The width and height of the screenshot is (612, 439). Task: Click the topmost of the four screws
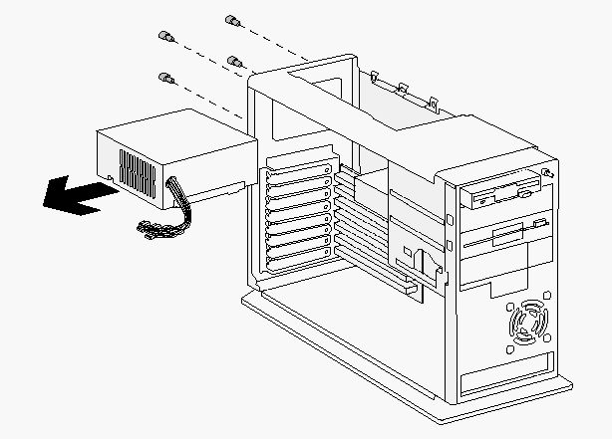(232, 21)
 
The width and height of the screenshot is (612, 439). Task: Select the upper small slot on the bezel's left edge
(451, 217)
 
